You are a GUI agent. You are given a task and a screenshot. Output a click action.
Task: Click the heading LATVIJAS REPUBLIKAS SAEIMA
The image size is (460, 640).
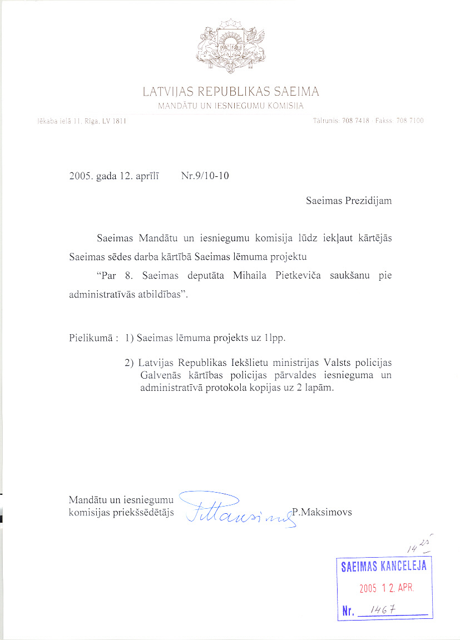tap(230, 92)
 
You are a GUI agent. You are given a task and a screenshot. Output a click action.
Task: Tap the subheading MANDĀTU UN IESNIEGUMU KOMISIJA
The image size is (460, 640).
tap(230, 106)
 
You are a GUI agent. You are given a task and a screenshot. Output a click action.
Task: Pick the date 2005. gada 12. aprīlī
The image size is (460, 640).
tap(114, 176)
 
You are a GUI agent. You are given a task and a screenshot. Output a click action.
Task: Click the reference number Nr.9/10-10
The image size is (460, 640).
tap(205, 176)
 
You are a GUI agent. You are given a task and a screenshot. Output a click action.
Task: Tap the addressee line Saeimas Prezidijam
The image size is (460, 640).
tap(349, 201)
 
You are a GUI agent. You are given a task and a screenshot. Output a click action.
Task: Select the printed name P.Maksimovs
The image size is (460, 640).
tap(322, 512)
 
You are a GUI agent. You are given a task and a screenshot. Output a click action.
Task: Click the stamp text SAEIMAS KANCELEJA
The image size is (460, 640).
tap(384, 567)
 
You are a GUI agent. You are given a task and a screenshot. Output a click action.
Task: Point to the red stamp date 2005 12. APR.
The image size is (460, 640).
tap(387, 588)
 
